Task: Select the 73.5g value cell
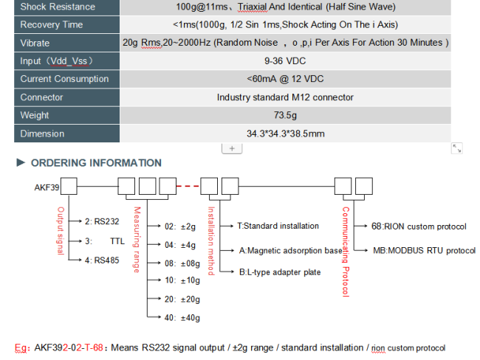pyautogui.click(x=285, y=115)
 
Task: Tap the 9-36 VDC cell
pyautogui.click(x=285, y=61)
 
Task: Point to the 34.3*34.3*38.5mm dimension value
pyautogui.click(x=285, y=134)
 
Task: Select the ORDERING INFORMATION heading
pyautogui.click(x=96, y=163)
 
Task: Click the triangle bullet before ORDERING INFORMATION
pyautogui.click(x=21, y=162)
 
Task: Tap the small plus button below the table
pyautogui.click(x=232, y=149)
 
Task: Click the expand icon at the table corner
pyautogui.click(x=456, y=148)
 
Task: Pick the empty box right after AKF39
pyautogui.click(x=69, y=186)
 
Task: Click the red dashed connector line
pyautogui.click(x=188, y=186)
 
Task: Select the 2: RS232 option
pyautogui.click(x=102, y=221)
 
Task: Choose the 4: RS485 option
pyautogui.click(x=102, y=260)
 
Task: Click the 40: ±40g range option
pyautogui.click(x=182, y=318)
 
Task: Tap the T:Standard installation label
pyautogui.click(x=278, y=226)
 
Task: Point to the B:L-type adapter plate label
pyautogui.click(x=280, y=272)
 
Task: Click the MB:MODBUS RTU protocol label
pyautogui.click(x=425, y=251)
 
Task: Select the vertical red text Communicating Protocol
pyautogui.click(x=346, y=252)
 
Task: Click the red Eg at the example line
pyautogui.click(x=21, y=348)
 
